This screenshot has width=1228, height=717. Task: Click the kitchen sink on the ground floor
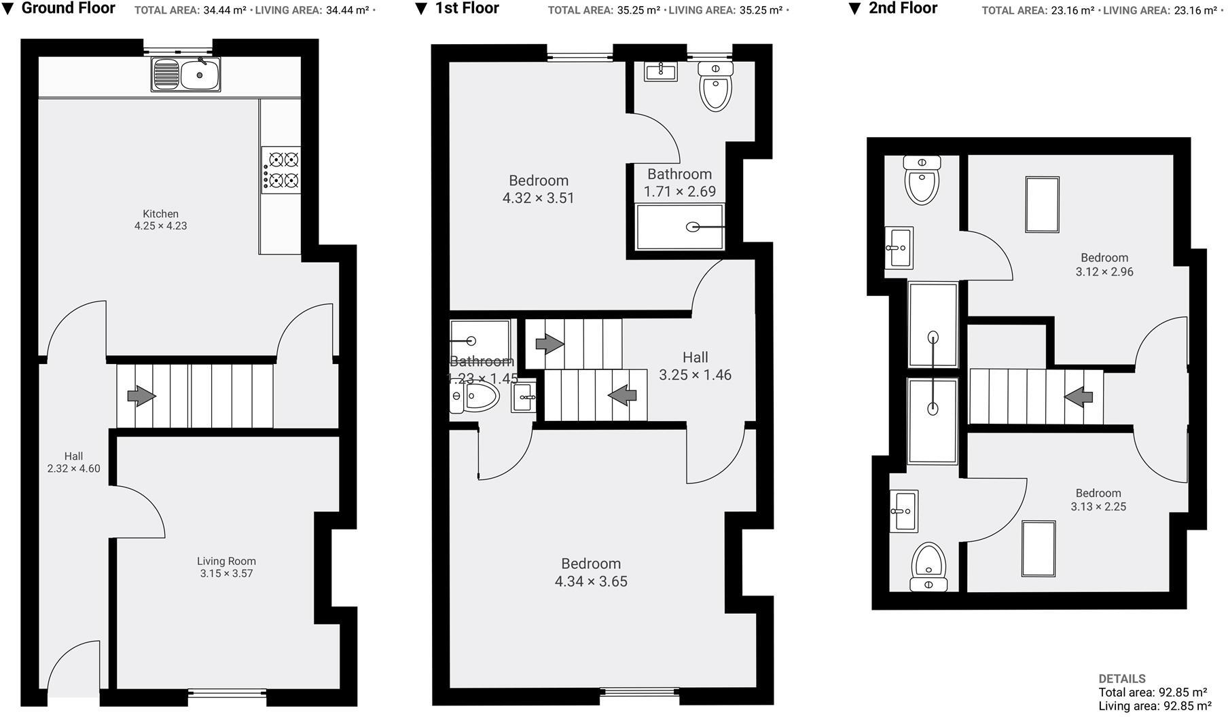[x=186, y=74]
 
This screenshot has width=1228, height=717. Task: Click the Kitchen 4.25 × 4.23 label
[x=161, y=220]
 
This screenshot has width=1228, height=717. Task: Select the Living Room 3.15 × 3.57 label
[x=226, y=567]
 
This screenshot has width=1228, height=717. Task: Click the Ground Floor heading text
[x=68, y=9]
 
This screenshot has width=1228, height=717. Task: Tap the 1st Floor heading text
[x=467, y=9]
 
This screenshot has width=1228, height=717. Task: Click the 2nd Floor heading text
[x=903, y=9]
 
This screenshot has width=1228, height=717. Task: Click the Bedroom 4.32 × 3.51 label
[x=539, y=189]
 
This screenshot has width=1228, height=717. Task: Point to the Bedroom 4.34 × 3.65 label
[x=591, y=572]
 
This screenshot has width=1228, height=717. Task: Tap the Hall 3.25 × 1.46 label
[x=695, y=366]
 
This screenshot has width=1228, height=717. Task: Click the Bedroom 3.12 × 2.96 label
[x=1104, y=265]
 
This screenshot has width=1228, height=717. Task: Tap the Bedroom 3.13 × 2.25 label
[x=1098, y=500]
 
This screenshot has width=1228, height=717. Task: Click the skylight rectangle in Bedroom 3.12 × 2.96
[x=1042, y=205]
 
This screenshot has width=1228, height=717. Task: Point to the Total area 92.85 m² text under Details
[x=1152, y=693]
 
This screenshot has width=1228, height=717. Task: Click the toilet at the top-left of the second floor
[x=922, y=180]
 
